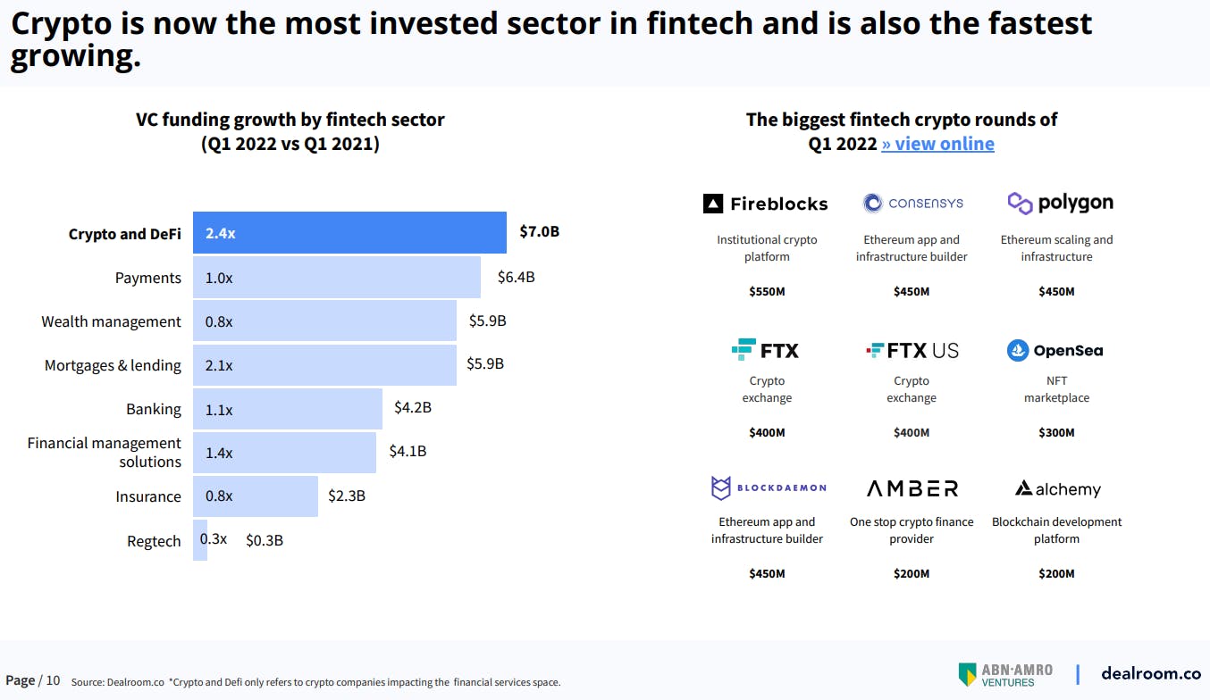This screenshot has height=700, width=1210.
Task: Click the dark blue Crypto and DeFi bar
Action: [x=349, y=233]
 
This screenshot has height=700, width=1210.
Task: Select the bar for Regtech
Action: [x=200, y=540]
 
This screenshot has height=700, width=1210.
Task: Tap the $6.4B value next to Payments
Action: [x=516, y=277]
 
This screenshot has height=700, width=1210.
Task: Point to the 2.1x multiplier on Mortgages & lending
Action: [x=219, y=365]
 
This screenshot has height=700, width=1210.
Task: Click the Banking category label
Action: [x=153, y=409]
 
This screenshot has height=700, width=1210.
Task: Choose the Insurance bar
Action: [x=256, y=496]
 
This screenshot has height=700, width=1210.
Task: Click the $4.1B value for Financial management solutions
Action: [x=408, y=452]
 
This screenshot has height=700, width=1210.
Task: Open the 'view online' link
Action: [x=937, y=144]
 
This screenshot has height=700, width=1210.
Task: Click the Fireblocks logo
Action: [x=766, y=204]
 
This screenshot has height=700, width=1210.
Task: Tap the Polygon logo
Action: [x=1060, y=204]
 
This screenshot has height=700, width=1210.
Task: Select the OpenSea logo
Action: [x=1055, y=351]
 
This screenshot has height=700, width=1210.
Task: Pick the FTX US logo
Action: [x=912, y=351]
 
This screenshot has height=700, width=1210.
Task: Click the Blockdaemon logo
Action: [x=768, y=488]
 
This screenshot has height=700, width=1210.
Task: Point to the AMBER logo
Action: [x=912, y=488]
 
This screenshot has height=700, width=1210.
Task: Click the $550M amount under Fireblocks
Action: [x=767, y=292]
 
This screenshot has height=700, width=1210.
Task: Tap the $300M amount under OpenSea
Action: [x=1056, y=433]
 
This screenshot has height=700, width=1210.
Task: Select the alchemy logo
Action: [x=1057, y=489]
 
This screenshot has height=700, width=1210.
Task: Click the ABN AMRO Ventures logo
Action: [x=1005, y=675]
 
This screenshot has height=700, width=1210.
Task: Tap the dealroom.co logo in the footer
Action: [x=1150, y=674]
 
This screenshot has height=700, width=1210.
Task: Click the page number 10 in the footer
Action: [x=53, y=680]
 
